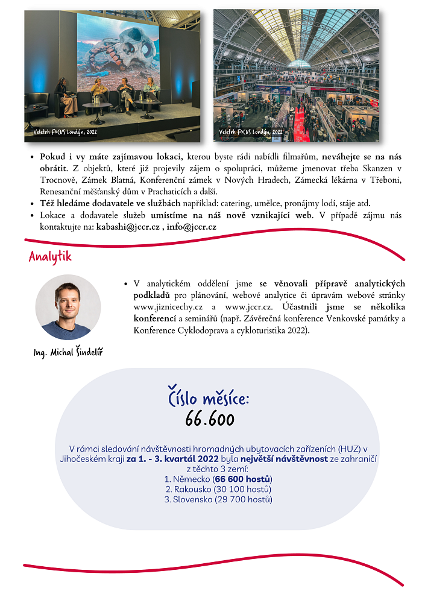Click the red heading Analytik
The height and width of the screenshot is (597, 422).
pos(50,257)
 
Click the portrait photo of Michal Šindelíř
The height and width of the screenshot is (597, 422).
pos(68,307)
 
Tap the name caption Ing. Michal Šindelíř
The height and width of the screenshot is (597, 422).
pos(68,352)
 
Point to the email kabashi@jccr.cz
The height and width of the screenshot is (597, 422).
pos(127,227)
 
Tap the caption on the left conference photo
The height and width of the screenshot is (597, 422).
pos(65,131)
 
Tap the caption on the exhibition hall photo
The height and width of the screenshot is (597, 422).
pos(251,131)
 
